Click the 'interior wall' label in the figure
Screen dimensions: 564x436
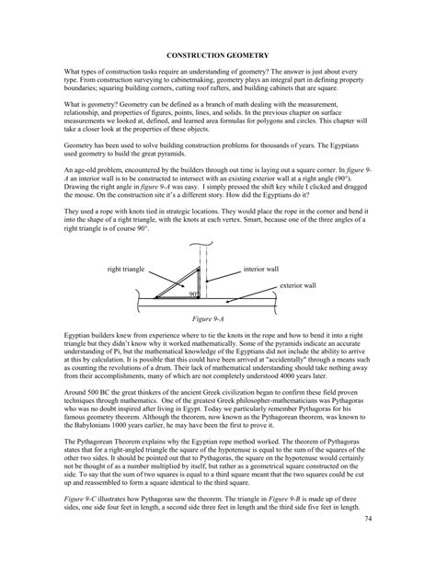tap(260, 269)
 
